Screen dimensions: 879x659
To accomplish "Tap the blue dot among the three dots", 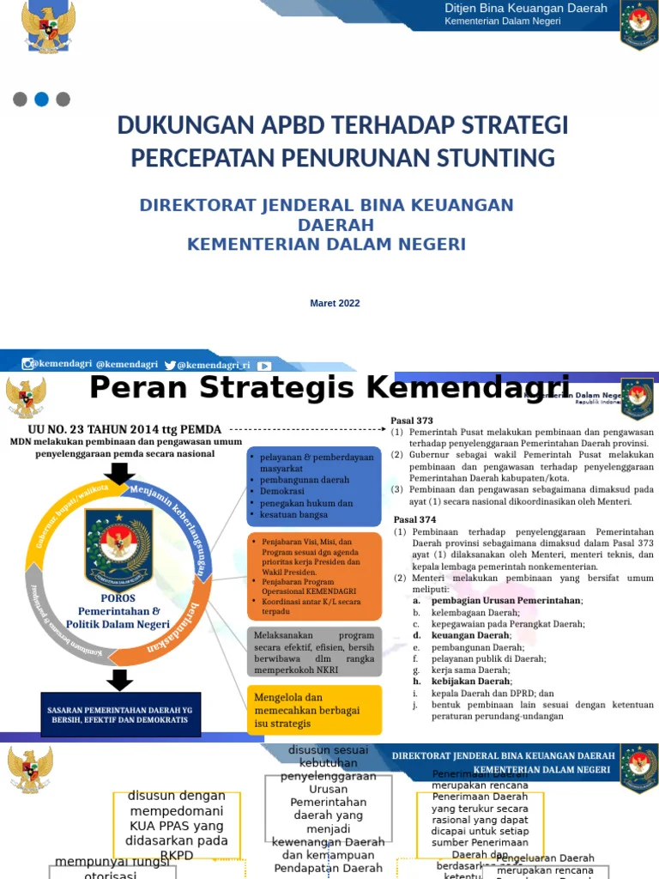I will pyautogui.click(x=41, y=100).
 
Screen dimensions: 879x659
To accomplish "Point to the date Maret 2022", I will pyautogui.click(x=335, y=303).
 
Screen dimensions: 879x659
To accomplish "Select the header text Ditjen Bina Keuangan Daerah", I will pyautogui.click(x=525, y=9).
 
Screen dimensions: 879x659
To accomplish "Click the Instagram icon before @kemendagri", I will pyautogui.click(x=27, y=365).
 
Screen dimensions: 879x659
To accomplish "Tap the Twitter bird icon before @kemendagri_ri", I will pyautogui.click(x=170, y=365).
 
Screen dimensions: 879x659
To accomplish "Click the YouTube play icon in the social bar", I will pyautogui.click(x=264, y=365).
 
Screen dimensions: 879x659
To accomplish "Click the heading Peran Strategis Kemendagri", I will pyautogui.click(x=329, y=387).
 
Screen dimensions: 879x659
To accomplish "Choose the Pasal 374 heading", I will pyautogui.click(x=414, y=520).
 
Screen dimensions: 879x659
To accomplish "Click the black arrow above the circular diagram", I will pyautogui.click(x=120, y=473).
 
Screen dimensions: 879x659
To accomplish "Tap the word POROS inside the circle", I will pyautogui.click(x=118, y=598).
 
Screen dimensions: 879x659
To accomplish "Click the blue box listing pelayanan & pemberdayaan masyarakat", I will pyautogui.click(x=314, y=486).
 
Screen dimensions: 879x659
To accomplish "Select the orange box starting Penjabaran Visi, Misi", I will pyautogui.click(x=314, y=576).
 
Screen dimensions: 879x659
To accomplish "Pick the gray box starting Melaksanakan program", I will pyautogui.click(x=314, y=652).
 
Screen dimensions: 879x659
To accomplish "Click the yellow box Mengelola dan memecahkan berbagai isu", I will pyautogui.click(x=314, y=710).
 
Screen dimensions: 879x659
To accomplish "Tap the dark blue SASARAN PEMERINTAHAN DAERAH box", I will pyautogui.click(x=120, y=715).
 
